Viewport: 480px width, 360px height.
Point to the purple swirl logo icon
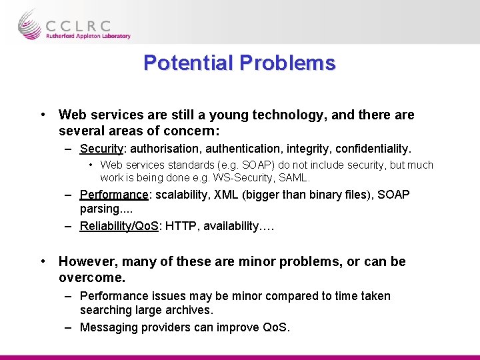pyautogui.click(x=30, y=25)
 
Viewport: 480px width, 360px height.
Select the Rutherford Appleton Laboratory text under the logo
pyautogui.click(x=88, y=37)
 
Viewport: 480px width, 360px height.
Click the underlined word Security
pyautogui.click(x=101, y=148)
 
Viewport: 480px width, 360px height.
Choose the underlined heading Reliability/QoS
pyautogui.click(x=119, y=227)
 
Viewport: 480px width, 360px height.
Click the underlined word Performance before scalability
pyautogui.click(x=113, y=195)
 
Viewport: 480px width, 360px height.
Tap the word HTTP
pyautogui.click(x=180, y=227)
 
